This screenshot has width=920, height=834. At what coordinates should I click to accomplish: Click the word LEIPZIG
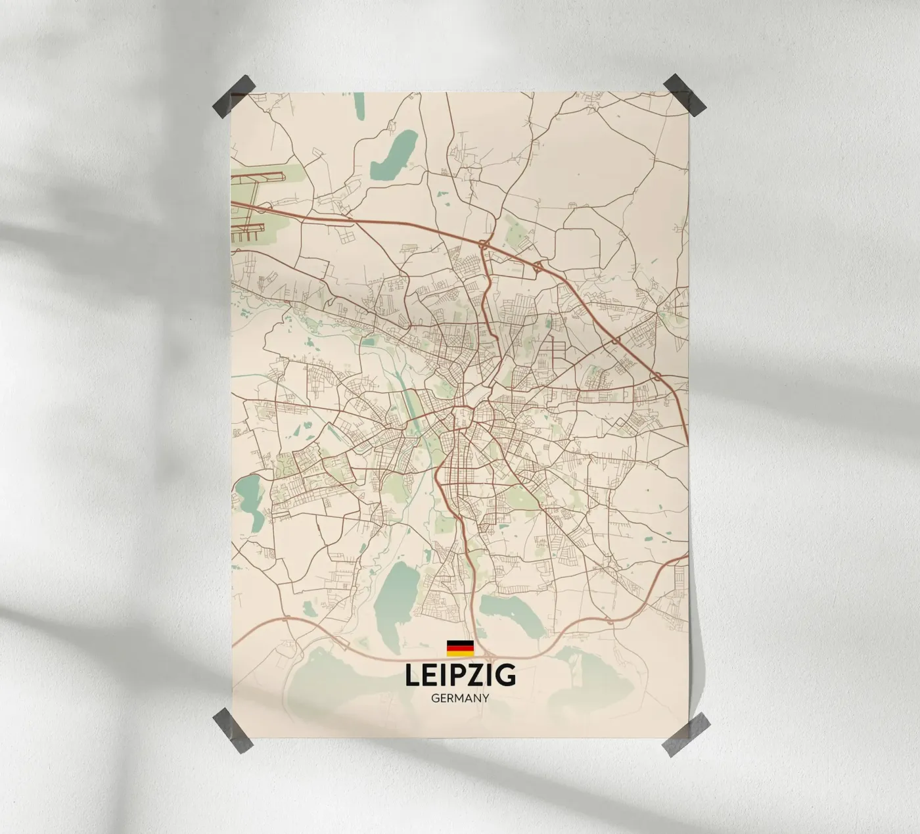coord(460,676)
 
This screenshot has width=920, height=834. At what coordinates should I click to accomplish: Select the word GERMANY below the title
coord(460,699)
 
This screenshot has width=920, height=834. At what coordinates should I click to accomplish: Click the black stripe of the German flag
coord(460,643)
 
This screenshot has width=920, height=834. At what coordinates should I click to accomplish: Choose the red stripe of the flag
coord(460,648)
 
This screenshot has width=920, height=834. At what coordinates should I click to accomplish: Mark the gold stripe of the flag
coord(460,653)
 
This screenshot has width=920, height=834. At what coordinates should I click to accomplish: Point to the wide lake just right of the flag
coord(513,614)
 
